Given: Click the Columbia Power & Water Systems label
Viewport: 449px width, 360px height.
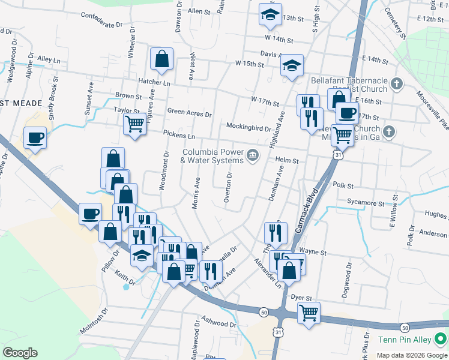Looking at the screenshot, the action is pos(212,156).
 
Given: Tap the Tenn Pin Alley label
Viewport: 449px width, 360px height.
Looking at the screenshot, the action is pos(405,340).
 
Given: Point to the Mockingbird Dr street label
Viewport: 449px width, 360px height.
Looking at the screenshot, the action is pos(249,127).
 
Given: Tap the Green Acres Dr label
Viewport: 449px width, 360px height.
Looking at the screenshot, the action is pos(190,112).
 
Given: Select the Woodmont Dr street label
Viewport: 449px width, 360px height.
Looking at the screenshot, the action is pos(163,170).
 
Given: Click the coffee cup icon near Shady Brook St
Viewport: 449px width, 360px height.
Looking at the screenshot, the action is pos(35,137).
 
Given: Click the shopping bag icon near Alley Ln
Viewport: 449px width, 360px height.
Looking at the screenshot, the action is pos(161,59).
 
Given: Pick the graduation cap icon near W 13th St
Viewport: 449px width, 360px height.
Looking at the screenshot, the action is pos(270,14).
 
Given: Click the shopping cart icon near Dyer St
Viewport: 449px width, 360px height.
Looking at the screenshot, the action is pos(309,312).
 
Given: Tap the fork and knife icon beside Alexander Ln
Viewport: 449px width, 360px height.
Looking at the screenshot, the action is pos(275,232).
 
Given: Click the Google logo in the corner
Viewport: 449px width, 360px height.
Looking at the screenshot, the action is pos(20,352).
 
